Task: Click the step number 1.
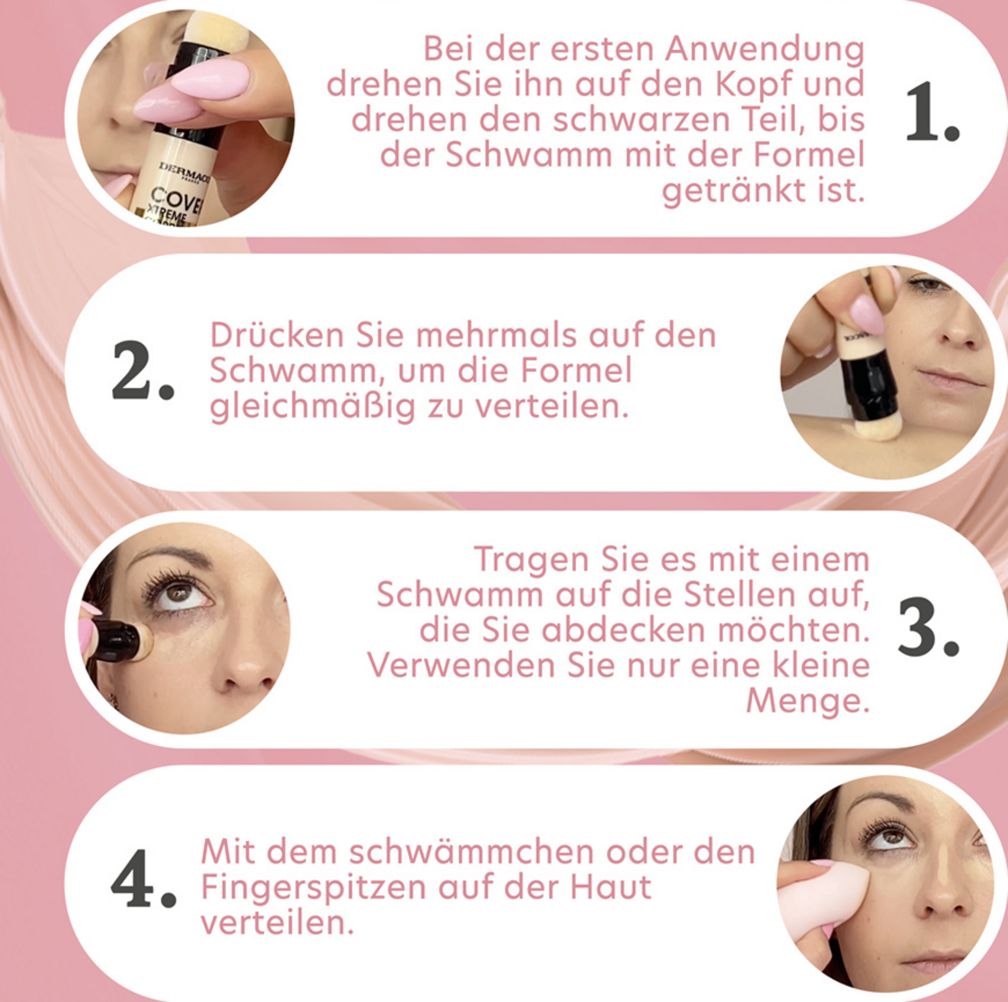coord(932,112)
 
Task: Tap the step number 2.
coord(142,370)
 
